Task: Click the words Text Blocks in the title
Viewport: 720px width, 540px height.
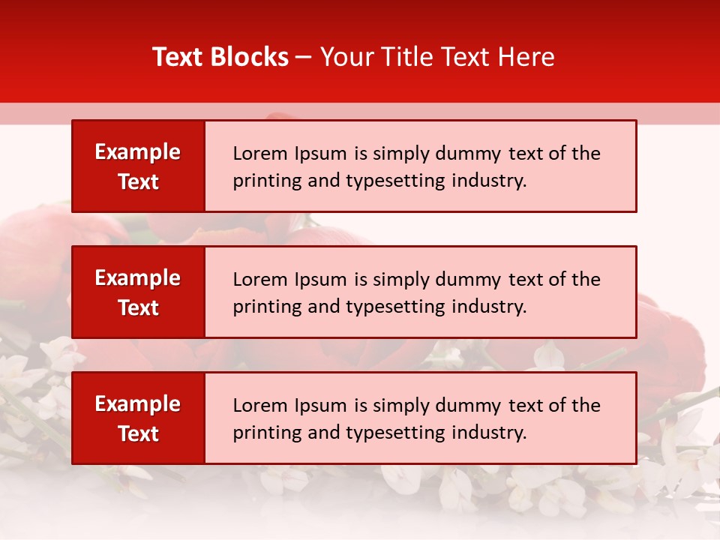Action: pyautogui.click(x=220, y=57)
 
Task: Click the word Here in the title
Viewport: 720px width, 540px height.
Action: pyautogui.click(x=526, y=57)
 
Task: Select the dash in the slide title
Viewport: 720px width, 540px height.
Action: pyautogui.click(x=304, y=57)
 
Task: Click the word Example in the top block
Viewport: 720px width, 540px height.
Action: pyautogui.click(x=138, y=152)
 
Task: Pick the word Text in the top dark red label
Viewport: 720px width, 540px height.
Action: pyautogui.click(x=138, y=181)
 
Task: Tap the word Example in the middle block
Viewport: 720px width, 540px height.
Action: pyautogui.click(x=138, y=278)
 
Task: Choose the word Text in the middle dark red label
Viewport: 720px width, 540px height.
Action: pyautogui.click(x=138, y=307)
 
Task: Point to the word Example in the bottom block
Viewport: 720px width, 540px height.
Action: pyautogui.click(x=138, y=404)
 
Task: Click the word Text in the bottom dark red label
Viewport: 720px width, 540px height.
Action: pyautogui.click(x=138, y=433)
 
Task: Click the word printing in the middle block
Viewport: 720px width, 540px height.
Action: pyautogui.click(x=262, y=307)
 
